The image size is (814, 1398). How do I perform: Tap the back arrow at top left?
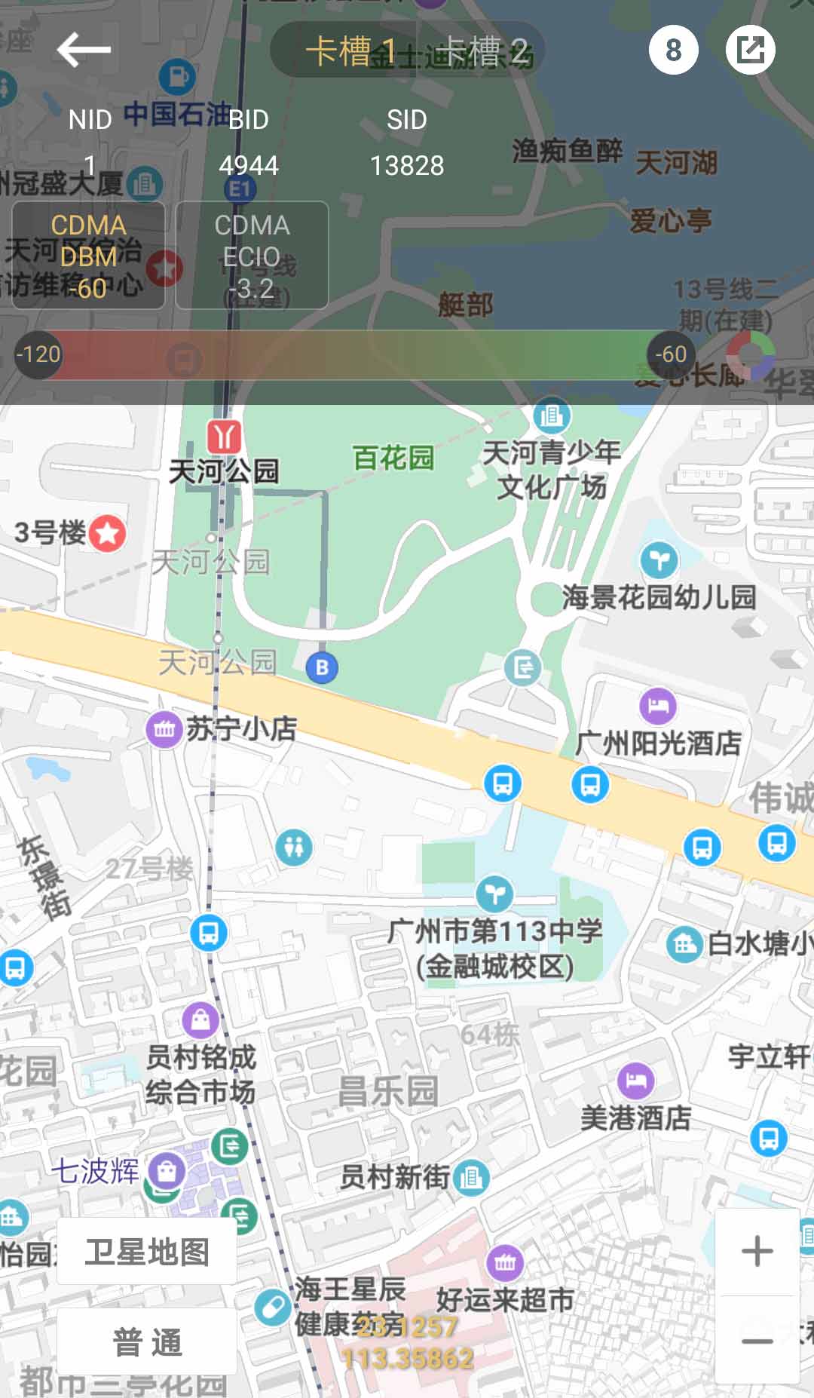84,50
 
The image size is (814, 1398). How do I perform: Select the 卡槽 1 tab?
350,51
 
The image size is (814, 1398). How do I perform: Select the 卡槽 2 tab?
482,51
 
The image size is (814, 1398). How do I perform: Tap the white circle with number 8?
673,50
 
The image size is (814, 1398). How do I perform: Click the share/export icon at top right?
750,50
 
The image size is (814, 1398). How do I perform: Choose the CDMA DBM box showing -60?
88,256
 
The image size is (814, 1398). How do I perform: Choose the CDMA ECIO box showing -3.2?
252,256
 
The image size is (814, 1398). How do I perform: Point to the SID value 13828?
407,165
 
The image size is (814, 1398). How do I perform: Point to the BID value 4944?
249,165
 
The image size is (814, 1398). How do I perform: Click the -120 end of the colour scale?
38,354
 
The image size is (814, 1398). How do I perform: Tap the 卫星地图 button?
147,1252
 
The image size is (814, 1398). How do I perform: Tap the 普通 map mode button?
147,1341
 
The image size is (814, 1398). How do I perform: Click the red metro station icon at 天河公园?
224,437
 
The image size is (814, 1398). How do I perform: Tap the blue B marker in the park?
322,667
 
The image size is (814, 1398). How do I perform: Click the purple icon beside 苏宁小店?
164,729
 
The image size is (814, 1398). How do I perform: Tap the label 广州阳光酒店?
658,743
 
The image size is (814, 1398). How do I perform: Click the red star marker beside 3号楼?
108,534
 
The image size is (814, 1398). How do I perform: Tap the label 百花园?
393,458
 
